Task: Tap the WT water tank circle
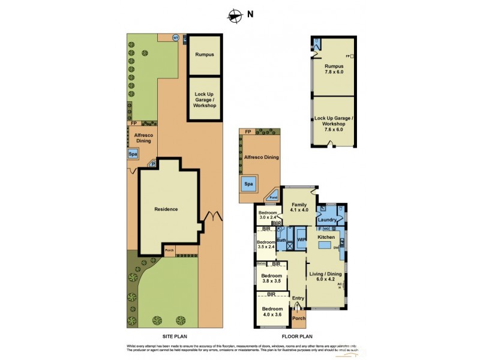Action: (176, 37)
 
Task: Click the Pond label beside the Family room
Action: (273, 196)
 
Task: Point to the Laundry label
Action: (328, 220)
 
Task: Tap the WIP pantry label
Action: (302, 240)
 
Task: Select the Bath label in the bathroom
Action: (281, 241)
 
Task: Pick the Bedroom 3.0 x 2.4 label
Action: (267, 215)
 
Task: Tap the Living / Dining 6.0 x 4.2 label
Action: (325, 277)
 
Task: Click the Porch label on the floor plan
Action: (298, 319)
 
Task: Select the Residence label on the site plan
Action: (166, 209)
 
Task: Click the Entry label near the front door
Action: (298, 298)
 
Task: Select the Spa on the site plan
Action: (133, 154)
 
